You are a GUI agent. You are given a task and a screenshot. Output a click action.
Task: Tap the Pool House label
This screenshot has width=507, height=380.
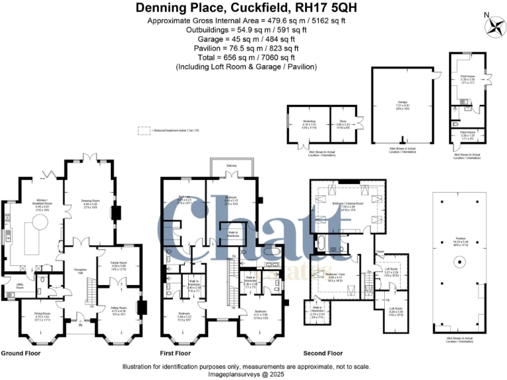click(x=468, y=77)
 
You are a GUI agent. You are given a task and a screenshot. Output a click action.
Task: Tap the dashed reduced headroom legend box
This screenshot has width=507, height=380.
click(x=142, y=130)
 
